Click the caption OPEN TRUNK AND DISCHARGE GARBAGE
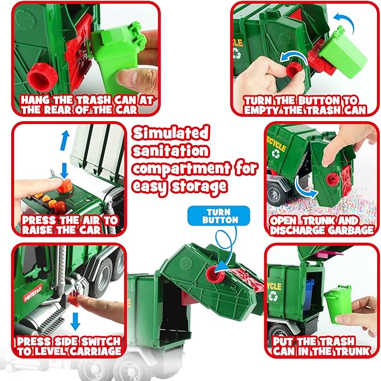tap(322, 225)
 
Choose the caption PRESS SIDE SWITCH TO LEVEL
tap(68, 346)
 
